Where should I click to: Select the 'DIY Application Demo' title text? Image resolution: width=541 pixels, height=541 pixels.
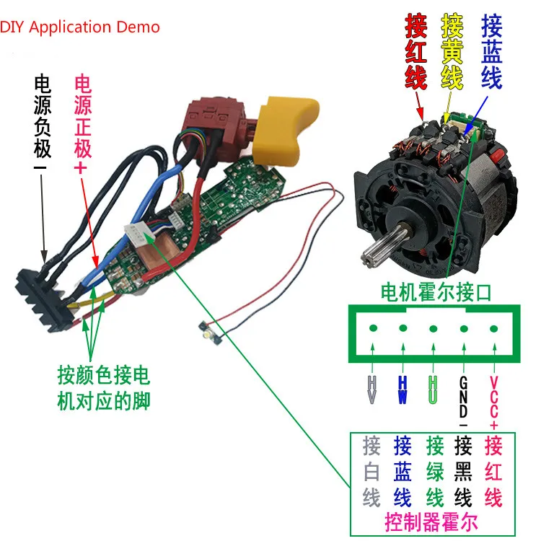point(79,27)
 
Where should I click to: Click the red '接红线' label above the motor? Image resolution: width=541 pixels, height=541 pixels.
point(416,52)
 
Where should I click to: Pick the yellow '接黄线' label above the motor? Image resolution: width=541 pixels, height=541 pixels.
point(452,52)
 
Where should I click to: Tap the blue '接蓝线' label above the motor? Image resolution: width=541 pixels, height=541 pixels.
point(491,52)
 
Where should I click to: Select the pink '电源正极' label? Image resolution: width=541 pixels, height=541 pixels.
point(83,123)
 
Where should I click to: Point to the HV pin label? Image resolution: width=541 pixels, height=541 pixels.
point(372,390)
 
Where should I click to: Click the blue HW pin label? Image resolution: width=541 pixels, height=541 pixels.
point(403,390)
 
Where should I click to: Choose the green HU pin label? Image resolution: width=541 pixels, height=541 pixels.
point(433,390)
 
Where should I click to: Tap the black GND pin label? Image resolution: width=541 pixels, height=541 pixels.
point(463,401)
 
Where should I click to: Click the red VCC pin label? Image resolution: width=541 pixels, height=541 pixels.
point(493,403)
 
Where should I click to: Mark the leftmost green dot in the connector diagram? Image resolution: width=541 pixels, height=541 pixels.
point(373,327)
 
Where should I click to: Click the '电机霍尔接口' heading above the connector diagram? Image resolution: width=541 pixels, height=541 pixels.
point(436,292)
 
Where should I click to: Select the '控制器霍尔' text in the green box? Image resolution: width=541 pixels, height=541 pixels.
point(431,522)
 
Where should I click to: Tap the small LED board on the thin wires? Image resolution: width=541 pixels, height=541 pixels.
point(210,334)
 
